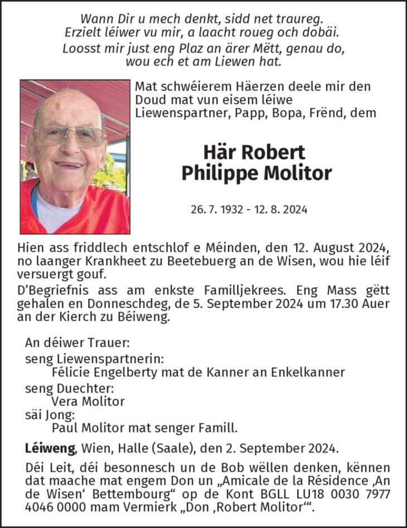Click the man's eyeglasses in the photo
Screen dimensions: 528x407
69,134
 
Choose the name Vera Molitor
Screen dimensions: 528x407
88,401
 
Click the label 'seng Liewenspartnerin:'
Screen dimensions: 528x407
94,358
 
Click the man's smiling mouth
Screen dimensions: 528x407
69,166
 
